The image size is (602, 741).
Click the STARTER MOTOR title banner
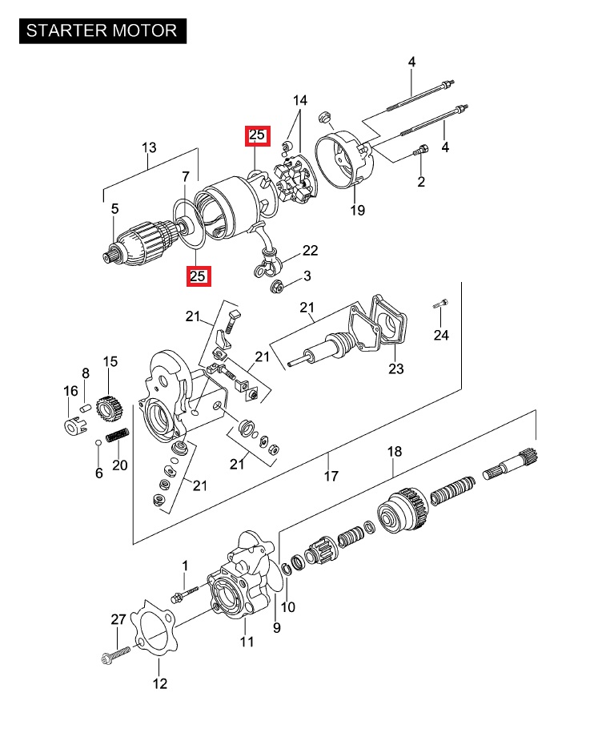103,31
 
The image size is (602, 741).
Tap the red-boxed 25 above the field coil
257,135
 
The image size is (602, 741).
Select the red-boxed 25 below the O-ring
199,276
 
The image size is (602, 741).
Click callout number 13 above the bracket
149,147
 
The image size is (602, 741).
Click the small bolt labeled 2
421,151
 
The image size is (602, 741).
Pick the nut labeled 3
277,286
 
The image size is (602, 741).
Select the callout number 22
311,251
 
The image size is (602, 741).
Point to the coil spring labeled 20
117,435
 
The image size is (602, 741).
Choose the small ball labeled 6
98,443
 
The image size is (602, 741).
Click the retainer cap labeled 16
75,425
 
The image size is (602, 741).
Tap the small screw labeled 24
440,304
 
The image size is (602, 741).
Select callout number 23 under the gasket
396,368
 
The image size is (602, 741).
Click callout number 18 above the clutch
394,452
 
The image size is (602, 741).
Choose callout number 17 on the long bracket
331,476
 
